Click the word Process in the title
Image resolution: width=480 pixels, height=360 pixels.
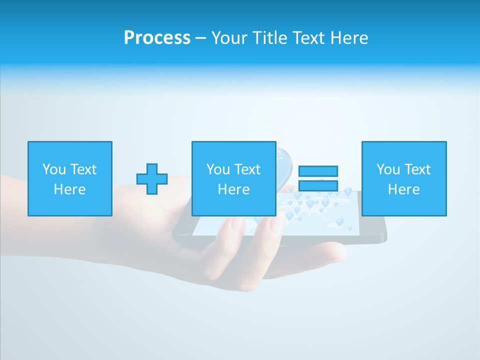click(157, 38)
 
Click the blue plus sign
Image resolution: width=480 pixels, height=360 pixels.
click(152, 178)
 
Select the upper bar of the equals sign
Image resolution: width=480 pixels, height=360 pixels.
click(318, 171)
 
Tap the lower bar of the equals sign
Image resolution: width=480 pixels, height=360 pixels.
click(318, 185)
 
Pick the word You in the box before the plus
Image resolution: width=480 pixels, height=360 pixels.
click(54, 169)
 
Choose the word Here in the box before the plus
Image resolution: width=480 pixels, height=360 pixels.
click(69, 189)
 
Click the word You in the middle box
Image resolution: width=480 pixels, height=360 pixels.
click(218, 169)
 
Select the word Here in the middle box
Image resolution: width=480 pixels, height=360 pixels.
click(233, 189)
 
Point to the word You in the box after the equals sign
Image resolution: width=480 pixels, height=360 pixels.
click(388, 169)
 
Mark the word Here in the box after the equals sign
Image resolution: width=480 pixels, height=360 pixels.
click(403, 189)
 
